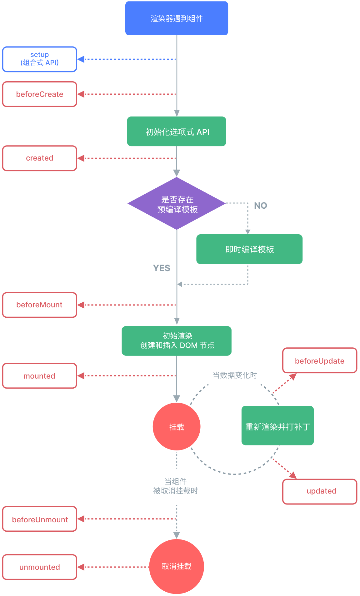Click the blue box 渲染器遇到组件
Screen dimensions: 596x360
(177, 18)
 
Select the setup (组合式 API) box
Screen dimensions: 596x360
(40, 59)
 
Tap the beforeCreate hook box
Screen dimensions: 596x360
(40, 94)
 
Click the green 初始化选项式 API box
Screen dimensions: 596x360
(177, 132)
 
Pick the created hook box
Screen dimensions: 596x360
(40, 158)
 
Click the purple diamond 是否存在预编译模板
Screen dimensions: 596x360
(177, 204)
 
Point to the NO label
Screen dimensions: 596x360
(260, 206)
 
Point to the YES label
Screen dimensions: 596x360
(162, 268)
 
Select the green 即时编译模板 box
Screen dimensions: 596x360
(249, 249)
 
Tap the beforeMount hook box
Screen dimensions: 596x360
(40, 305)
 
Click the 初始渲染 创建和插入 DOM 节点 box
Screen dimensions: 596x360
(177, 341)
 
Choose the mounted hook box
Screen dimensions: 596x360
(40, 376)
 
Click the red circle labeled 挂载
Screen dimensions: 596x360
(177, 427)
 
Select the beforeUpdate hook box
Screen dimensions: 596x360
(319, 361)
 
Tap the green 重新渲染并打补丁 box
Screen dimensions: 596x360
(277, 425)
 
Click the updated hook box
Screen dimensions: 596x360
(319, 491)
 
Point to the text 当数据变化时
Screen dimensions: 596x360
(235, 375)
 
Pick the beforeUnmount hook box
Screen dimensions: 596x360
(40, 519)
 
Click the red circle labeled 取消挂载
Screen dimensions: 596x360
(177, 566)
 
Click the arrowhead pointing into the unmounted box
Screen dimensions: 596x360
(81, 567)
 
